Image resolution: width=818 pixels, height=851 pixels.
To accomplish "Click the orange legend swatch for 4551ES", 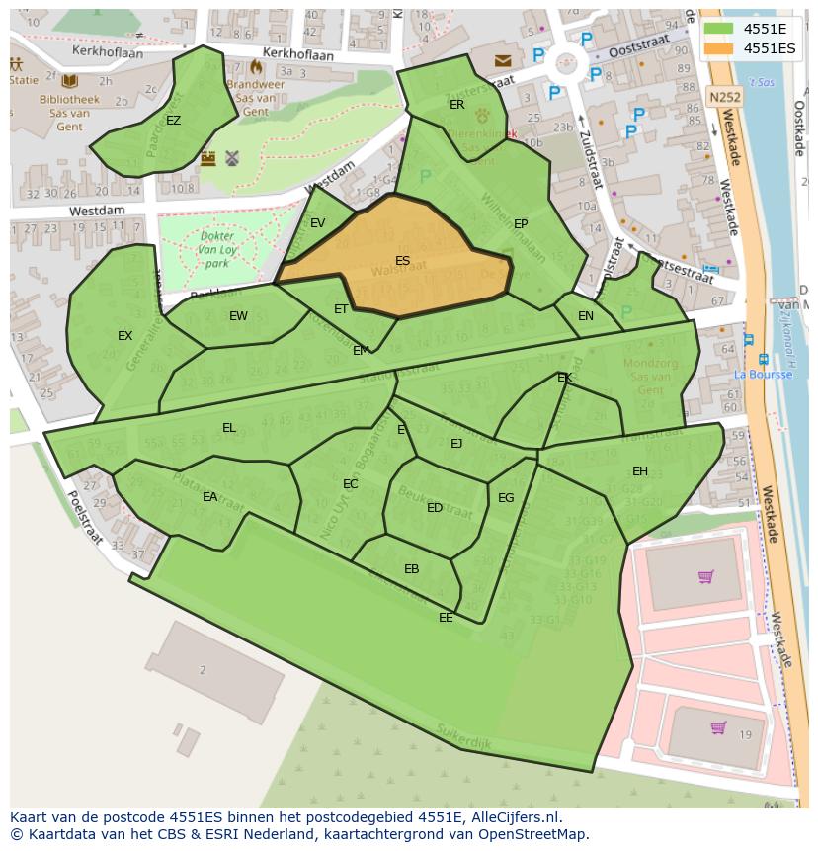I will (x=718, y=47).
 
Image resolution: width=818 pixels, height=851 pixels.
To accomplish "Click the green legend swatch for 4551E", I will (x=718, y=29).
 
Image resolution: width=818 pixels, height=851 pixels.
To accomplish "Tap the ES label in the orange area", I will (x=402, y=261).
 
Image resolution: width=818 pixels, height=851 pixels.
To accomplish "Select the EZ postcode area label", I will (x=173, y=121).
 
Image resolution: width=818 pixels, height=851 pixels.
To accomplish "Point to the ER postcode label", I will (x=456, y=104).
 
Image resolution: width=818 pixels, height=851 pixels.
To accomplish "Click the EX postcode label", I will (x=124, y=336).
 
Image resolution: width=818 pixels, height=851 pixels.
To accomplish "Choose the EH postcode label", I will (x=640, y=471).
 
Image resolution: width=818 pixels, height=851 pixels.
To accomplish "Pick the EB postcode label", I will (x=411, y=568).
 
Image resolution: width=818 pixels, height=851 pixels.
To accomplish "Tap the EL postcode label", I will (x=228, y=428).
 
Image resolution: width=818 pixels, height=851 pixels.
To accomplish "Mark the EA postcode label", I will (x=209, y=496).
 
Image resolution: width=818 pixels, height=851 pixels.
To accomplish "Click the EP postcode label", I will (x=521, y=224).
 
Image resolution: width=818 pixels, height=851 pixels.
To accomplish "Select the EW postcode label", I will (x=238, y=316).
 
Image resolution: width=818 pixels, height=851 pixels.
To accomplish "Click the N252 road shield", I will (x=723, y=97).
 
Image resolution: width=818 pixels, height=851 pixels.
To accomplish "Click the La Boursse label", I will (x=763, y=375).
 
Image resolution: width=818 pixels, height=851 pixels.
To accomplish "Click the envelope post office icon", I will (x=504, y=61).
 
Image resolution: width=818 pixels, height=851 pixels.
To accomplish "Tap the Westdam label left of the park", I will (x=97, y=211).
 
